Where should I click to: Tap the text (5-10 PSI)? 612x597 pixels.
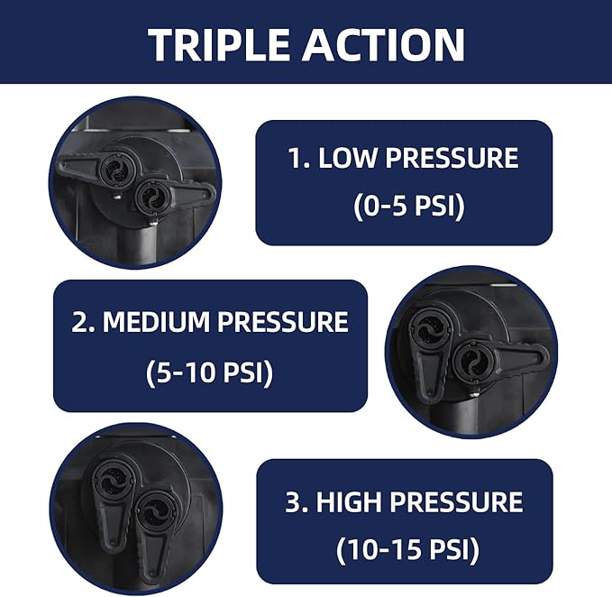coord(210,372)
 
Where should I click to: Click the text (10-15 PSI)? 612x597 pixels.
coord(407,550)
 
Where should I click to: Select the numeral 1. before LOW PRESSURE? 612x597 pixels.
coord(299,158)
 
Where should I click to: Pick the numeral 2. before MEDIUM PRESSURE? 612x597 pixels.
coord(83,321)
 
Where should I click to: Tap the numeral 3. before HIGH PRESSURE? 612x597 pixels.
coord(297,501)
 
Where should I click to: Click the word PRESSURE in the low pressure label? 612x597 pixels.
coord(452,158)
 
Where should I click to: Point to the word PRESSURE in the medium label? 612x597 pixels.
coord(282,321)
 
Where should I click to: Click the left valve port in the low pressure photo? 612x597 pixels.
coord(116,169)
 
